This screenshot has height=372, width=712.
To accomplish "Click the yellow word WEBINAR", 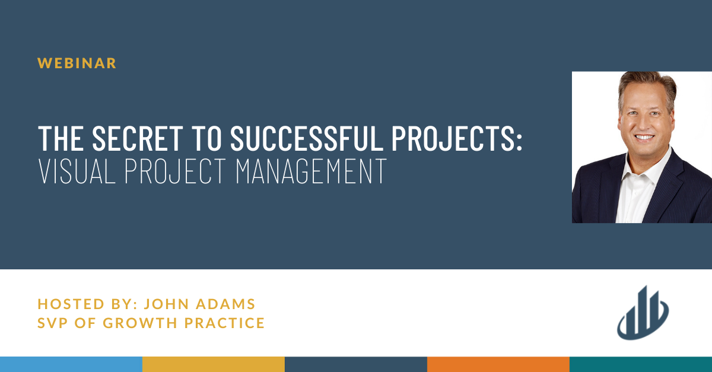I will coord(77,63).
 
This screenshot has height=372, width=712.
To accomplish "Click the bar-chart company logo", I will coord(643,313).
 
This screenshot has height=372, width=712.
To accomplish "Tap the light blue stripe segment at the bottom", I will coord(71,364).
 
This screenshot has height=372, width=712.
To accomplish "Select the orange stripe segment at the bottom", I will coord(498,364).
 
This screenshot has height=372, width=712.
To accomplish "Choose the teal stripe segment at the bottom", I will coord(641,364).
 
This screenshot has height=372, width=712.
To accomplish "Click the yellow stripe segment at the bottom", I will coord(214,364).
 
